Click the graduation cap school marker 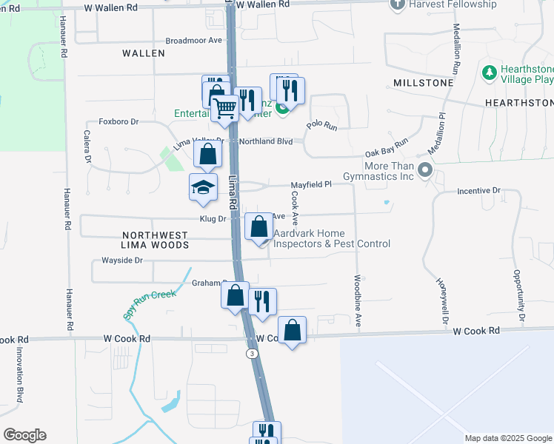(203, 187)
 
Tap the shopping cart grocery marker (225, 108)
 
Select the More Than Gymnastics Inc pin (424, 170)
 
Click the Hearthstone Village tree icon (489, 73)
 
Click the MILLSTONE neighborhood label (423, 83)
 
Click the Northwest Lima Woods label (155, 239)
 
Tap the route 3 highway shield (253, 354)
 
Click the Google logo (24, 435)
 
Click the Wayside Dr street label (121, 260)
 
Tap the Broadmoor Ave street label (194, 41)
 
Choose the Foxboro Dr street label (119, 123)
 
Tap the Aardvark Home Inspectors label (332, 238)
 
